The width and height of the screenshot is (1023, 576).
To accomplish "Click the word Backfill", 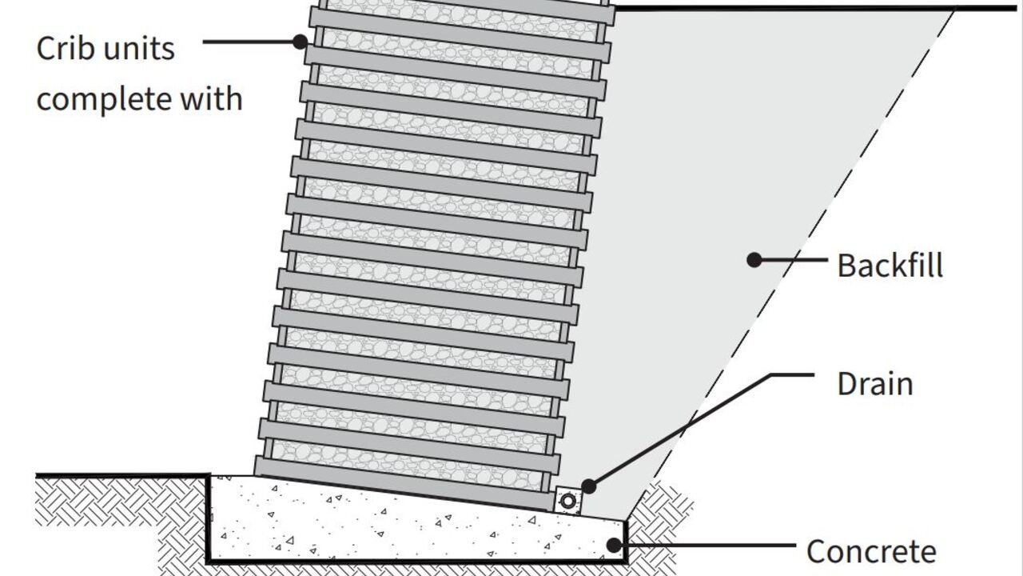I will pos(890,266).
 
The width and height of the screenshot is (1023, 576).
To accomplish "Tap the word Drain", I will pos(874,384).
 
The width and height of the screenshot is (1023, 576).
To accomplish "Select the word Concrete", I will pos(871,552).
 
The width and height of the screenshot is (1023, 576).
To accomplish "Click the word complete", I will pos(104,100).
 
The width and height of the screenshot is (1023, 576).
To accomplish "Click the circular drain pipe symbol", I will pos(568,502).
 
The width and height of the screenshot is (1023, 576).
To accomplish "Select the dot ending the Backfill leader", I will pos(754,259).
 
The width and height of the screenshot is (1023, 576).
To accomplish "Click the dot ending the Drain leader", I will pos(588,486).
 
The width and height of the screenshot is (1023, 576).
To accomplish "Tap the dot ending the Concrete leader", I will pos(614,546).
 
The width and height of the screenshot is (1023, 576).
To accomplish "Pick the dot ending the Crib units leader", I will pos(301,41).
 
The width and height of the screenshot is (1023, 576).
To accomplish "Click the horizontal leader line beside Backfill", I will pos(791,259).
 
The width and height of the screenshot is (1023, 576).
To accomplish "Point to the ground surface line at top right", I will pos(799,8).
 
